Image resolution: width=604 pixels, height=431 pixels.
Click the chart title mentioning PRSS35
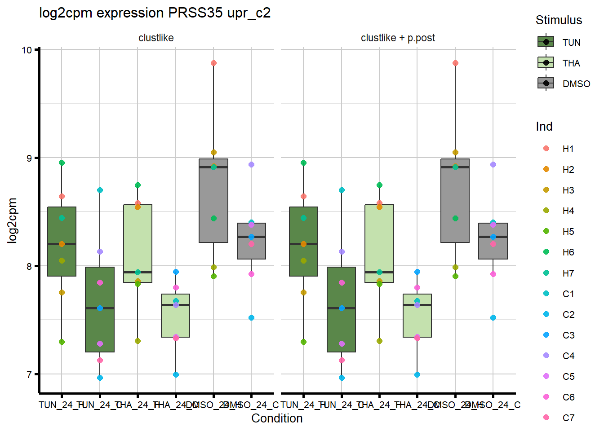[x=155, y=13]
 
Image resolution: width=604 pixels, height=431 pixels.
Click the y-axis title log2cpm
[x=12, y=220]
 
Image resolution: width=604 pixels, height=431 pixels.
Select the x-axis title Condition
[x=277, y=418]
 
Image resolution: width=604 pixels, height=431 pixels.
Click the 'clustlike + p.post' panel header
[x=398, y=38]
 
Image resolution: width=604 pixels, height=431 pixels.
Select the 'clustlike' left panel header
[x=156, y=38]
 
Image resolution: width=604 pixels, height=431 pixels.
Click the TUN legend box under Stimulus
[x=546, y=42]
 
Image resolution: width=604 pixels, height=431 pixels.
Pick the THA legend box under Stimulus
[x=546, y=63]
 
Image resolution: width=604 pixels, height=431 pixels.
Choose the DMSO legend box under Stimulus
[x=546, y=84]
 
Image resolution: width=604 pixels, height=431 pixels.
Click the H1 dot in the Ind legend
[x=546, y=149]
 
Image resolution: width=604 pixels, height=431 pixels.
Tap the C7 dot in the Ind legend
[x=546, y=418]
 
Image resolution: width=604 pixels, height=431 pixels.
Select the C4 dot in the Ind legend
[x=546, y=356]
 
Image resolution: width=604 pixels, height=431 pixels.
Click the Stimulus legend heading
[x=559, y=20]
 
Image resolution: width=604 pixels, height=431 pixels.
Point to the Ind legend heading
[x=544, y=127]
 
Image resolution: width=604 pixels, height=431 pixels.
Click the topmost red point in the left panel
[x=213, y=63]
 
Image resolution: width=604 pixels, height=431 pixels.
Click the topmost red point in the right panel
[x=455, y=63]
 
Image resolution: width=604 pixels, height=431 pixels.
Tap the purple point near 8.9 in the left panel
[x=251, y=165]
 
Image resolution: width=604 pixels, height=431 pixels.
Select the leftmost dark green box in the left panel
[x=62, y=242]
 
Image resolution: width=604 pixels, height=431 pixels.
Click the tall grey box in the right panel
[x=455, y=201]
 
